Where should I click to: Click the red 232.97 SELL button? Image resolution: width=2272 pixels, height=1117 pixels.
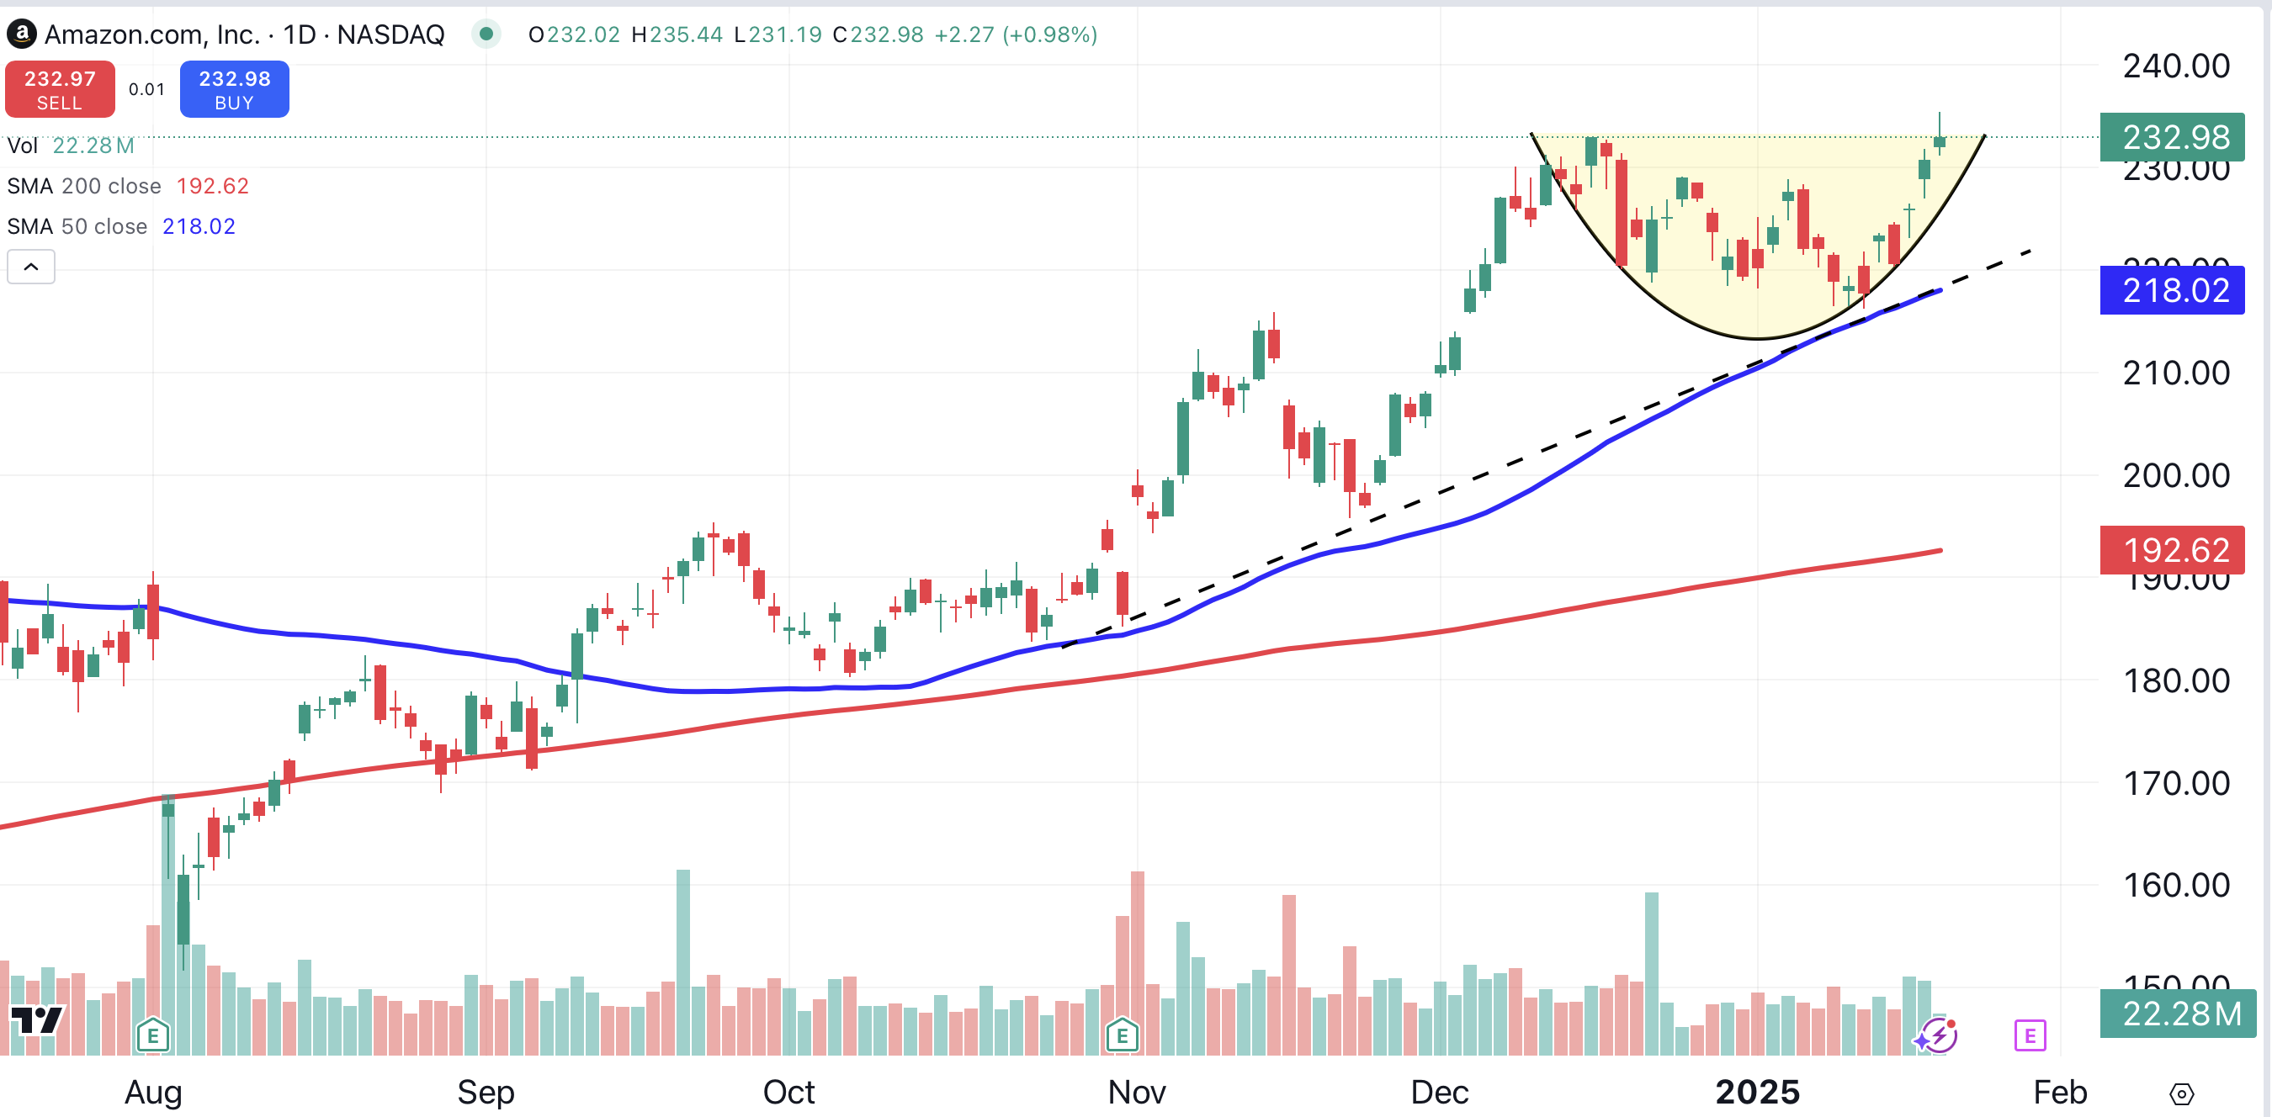[60, 89]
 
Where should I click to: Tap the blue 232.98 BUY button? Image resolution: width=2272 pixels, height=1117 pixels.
[234, 89]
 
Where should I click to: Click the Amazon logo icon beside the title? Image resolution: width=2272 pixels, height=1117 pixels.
[21, 34]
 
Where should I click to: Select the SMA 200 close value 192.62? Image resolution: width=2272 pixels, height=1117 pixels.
[213, 186]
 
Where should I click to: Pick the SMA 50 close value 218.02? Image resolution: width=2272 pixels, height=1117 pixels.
[199, 226]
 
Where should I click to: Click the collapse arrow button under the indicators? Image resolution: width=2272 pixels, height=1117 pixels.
[31, 267]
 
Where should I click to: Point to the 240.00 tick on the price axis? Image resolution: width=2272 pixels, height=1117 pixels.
[2175, 66]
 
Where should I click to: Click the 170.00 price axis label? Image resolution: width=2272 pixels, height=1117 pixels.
[2175, 783]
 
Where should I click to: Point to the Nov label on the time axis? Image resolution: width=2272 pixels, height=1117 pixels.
[1137, 1093]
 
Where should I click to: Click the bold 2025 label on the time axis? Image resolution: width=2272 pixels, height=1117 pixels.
[1757, 1093]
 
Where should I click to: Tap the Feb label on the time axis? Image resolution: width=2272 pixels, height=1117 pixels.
[2059, 1093]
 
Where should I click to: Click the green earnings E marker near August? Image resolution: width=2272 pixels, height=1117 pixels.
[152, 1035]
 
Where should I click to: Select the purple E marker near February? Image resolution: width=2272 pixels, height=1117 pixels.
[2030, 1035]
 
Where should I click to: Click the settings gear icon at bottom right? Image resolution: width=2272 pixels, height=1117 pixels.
[2181, 1094]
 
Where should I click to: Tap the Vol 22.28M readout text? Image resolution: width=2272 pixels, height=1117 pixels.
[71, 146]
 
